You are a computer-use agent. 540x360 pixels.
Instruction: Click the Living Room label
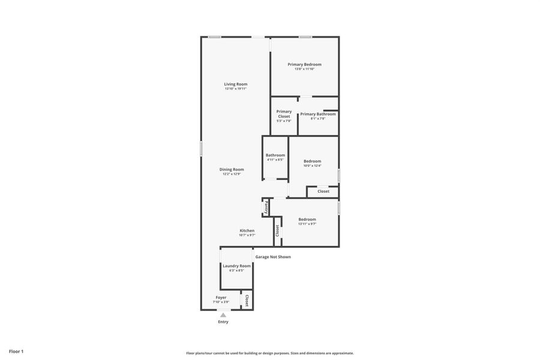[x=236, y=84]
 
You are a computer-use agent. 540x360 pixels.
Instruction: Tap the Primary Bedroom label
[x=304, y=64]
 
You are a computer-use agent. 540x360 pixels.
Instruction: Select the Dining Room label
[x=232, y=169]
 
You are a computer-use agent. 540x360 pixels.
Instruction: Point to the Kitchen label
[x=247, y=230]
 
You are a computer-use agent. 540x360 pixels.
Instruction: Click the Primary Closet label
[x=284, y=114]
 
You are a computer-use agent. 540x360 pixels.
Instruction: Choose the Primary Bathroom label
[x=318, y=114]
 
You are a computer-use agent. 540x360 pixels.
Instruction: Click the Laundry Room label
[x=236, y=266]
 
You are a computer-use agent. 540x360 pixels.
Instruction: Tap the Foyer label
[x=221, y=297]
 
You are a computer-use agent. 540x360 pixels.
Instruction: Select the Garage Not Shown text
[x=273, y=257]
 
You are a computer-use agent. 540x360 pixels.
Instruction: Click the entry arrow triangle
[x=223, y=314]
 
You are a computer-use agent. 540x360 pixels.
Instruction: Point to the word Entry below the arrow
[x=223, y=322]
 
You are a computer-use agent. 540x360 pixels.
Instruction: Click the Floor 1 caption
[x=16, y=351]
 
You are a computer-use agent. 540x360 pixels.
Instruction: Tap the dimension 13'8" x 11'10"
[x=304, y=69]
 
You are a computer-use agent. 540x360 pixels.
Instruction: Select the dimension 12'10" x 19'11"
[x=236, y=89]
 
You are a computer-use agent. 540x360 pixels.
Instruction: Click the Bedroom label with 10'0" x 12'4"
[x=312, y=161]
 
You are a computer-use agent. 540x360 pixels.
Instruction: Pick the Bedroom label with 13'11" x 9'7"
[x=307, y=219]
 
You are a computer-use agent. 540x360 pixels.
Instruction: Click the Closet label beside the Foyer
[x=246, y=300]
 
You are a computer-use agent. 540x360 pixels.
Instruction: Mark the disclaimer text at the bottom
[x=270, y=353]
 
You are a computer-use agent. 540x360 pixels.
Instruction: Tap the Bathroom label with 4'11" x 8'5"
[x=275, y=155]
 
